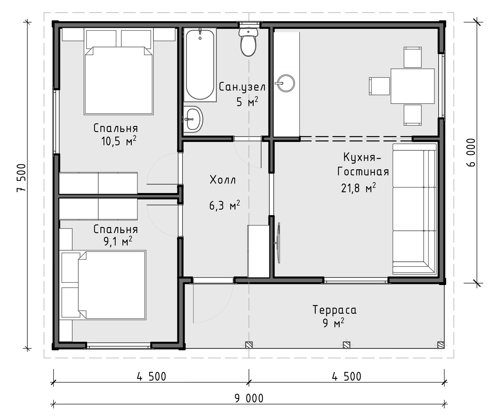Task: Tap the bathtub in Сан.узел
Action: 200,65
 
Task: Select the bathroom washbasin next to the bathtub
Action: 193,119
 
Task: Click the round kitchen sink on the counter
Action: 286,83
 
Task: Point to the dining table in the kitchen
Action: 412,86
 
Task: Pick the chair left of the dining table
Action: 380,86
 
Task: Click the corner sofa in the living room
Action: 415,209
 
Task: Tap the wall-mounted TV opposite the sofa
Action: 278,243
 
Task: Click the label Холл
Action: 223,180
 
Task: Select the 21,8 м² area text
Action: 358,188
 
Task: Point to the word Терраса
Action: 334,310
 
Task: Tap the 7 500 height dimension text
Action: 21,178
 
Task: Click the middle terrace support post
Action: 346,345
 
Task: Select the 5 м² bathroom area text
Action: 247,102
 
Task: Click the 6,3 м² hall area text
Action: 224,205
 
